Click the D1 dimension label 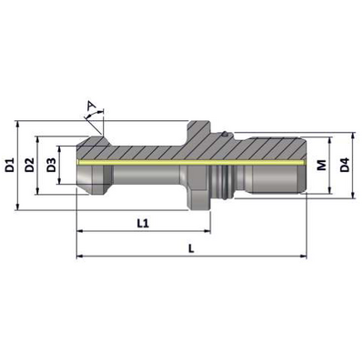(x=10, y=165)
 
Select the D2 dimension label (x=29, y=165)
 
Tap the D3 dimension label (x=51, y=165)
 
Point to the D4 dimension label (x=344, y=165)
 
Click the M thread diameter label (x=322, y=165)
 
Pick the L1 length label (x=143, y=224)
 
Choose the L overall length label (x=191, y=249)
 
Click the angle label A (x=91, y=106)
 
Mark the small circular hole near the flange (x=225, y=134)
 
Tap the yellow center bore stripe (x=191, y=163)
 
